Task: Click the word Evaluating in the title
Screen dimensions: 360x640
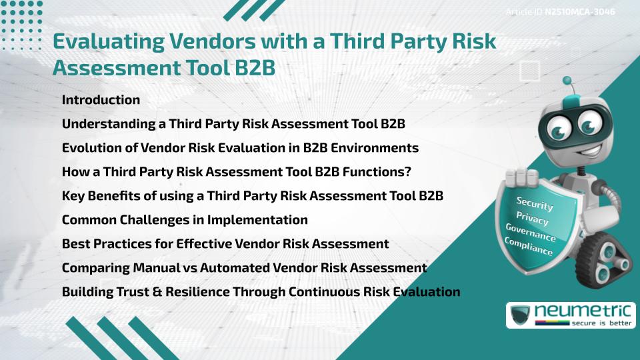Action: click(x=107, y=41)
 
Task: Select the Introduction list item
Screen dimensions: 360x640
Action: click(x=101, y=100)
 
